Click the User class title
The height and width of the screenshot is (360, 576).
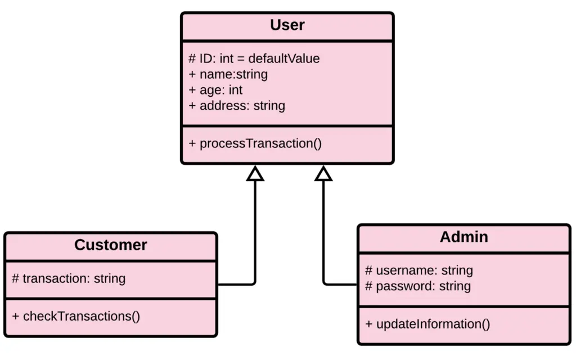pyautogui.click(x=287, y=25)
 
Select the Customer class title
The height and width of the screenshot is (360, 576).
pyautogui.click(x=111, y=245)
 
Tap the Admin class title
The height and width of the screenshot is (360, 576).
pyautogui.click(x=463, y=237)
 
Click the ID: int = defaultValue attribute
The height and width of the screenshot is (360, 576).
pyautogui.click(x=254, y=58)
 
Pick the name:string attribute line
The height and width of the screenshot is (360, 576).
pyautogui.click(x=228, y=74)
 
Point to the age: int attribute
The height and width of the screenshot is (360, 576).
pyautogui.click(x=216, y=90)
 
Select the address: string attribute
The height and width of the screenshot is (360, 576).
pyautogui.click(x=237, y=106)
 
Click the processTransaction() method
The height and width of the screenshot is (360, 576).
pyautogui.click(x=255, y=143)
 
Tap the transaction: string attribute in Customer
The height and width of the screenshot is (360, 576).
pyautogui.click(x=69, y=278)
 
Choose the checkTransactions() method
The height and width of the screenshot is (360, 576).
pyautogui.click(x=76, y=316)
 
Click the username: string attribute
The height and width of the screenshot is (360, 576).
pyautogui.click(x=419, y=271)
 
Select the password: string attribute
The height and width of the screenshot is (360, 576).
pyautogui.click(x=418, y=286)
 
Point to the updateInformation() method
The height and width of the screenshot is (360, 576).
pyautogui.click(x=427, y=324)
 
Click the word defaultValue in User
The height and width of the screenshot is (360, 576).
pyautogui.click(x=284, y=58)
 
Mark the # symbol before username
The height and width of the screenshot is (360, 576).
pyautogui.click(x=369, y=271)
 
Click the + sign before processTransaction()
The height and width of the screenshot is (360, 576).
pyautogui.click(x=192, y=143)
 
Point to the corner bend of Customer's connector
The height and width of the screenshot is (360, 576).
pyautogui.click(x=254, y=283)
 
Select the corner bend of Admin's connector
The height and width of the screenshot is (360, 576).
pyautogui.click(x=325, y=283)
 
